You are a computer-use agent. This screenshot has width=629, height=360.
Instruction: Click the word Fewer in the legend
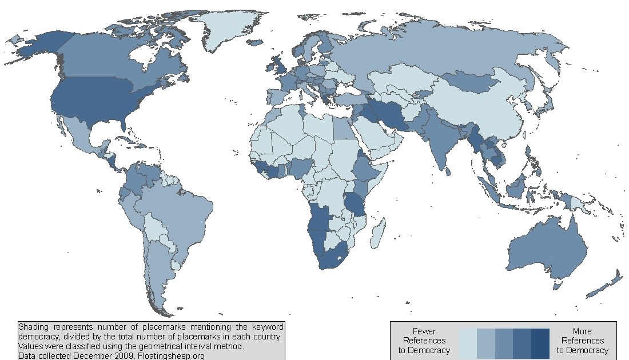pos(424,331)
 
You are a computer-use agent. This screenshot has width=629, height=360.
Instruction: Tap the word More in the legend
pos(582,331)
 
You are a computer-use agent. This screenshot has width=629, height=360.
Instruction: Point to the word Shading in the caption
pos(34,327)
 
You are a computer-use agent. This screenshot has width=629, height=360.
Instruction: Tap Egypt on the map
pos(343,129)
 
